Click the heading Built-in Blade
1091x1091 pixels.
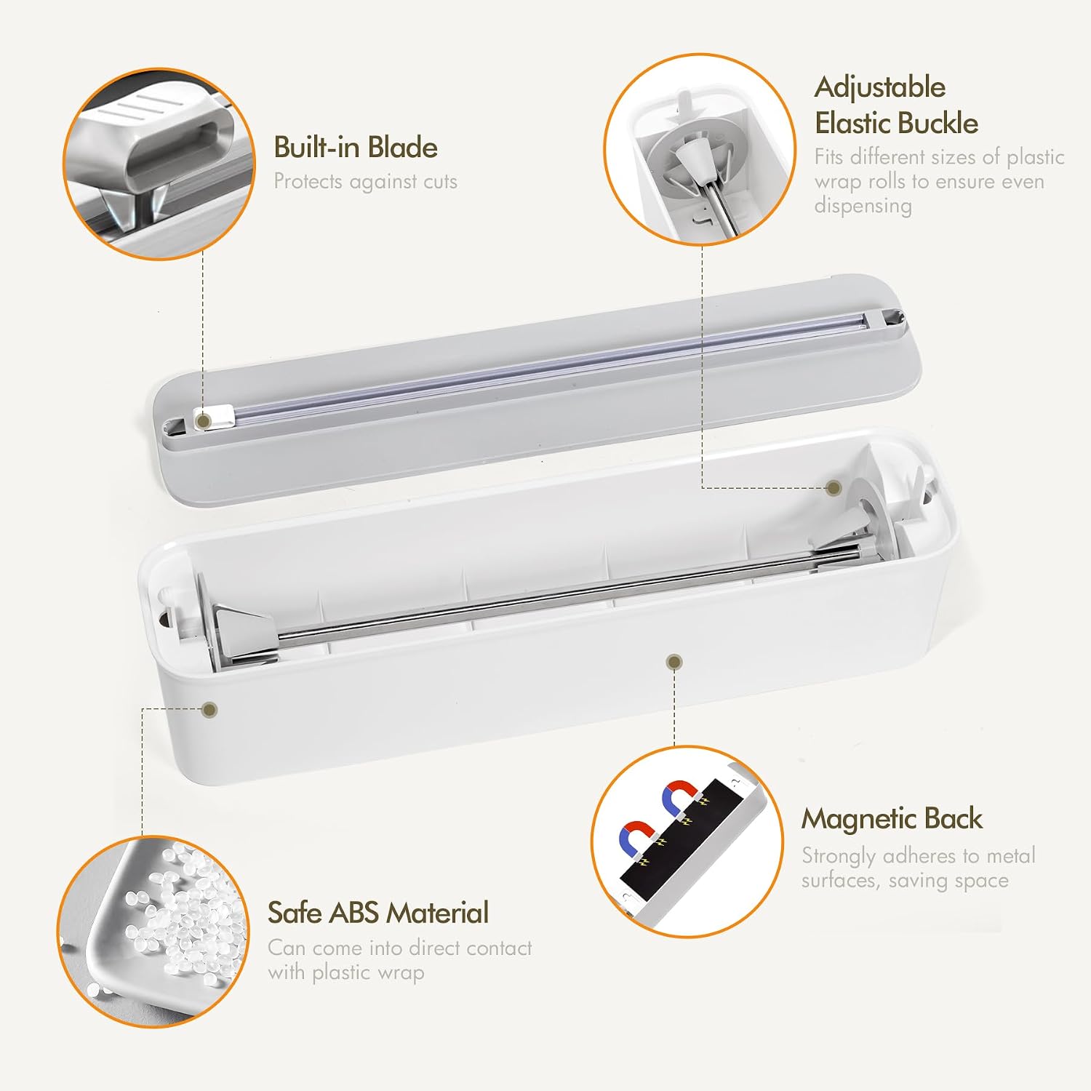pyautogui.click(x=356, y=148)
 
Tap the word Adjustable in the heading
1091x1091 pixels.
pyautogui.click(x=880, y=88)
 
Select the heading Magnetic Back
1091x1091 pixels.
pyautogui.click(x=892, y=820)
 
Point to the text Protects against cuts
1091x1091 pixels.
pyautogui.click(x=365, y=182)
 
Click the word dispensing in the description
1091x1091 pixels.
pyautogui.click(x=863, y=206)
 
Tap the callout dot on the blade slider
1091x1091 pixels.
pyautogui.click(x=204, y=421)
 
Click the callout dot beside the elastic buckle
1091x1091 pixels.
pyautogui.click(x=834, y=488)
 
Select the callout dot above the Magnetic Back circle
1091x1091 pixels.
pyautogui.click(x=674, y=662)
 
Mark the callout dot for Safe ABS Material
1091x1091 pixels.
pyautogui.click(x=209, y=709)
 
